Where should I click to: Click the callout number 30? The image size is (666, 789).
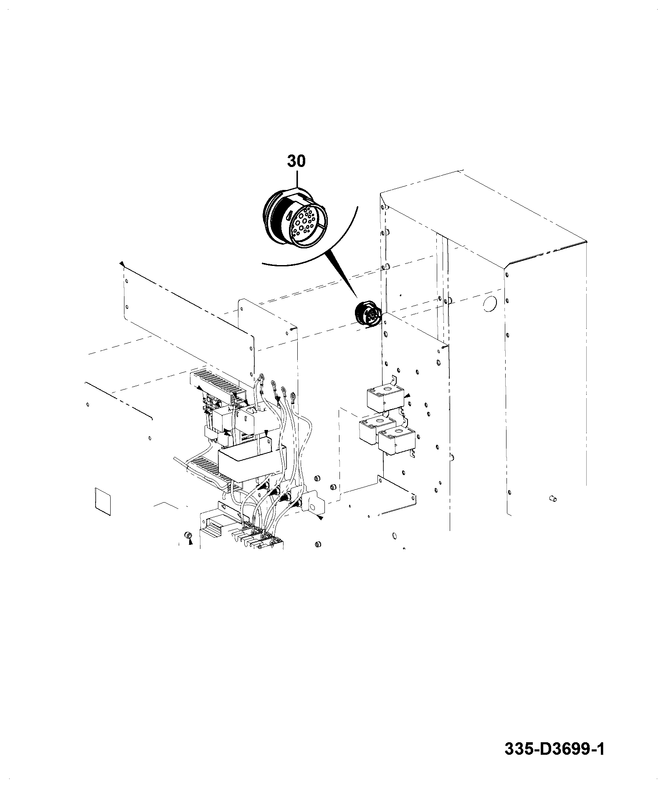(296, 161)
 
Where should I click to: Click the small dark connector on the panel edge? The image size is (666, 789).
(367, 313)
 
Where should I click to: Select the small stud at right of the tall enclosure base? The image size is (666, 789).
(552, 498)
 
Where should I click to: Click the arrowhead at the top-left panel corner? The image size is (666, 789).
(122, 264)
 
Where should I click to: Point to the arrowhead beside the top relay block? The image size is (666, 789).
(408, 395)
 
